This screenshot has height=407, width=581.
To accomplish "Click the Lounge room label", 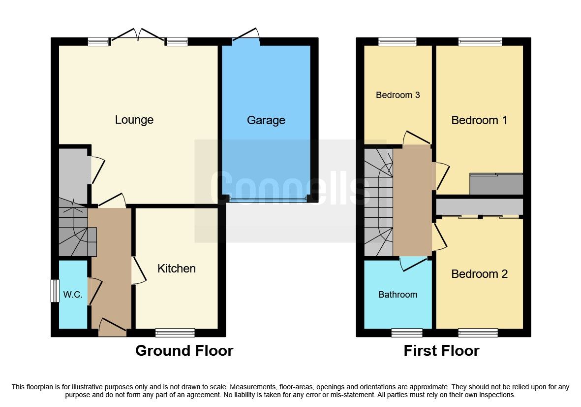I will point(134,120).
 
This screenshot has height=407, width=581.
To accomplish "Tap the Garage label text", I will point(266,120).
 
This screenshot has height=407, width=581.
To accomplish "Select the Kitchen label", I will point(176,269).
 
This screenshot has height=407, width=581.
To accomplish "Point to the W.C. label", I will point(72,295).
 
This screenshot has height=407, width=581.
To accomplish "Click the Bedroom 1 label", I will point(479,120).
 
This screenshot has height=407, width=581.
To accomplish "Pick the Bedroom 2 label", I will point(479,274).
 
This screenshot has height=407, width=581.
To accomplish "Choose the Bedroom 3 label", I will point(398,95).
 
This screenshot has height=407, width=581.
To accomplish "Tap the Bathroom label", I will point(398,295).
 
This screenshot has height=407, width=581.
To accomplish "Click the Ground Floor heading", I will point(184,351).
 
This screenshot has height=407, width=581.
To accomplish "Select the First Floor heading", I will point(441,351).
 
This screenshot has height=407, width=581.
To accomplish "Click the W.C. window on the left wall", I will point(55,291).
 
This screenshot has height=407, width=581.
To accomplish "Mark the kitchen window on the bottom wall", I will point(175,333).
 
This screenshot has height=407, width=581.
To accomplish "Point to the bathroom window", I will point(407,333).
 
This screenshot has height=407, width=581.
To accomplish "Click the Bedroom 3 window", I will point(397,42).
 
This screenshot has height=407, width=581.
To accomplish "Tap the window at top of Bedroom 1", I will point(480,42).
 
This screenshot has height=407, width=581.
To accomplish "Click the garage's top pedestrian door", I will point(246,35).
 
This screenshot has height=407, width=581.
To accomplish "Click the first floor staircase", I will point(378,202).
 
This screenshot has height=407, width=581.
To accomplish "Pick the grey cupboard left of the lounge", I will point(73,175).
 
